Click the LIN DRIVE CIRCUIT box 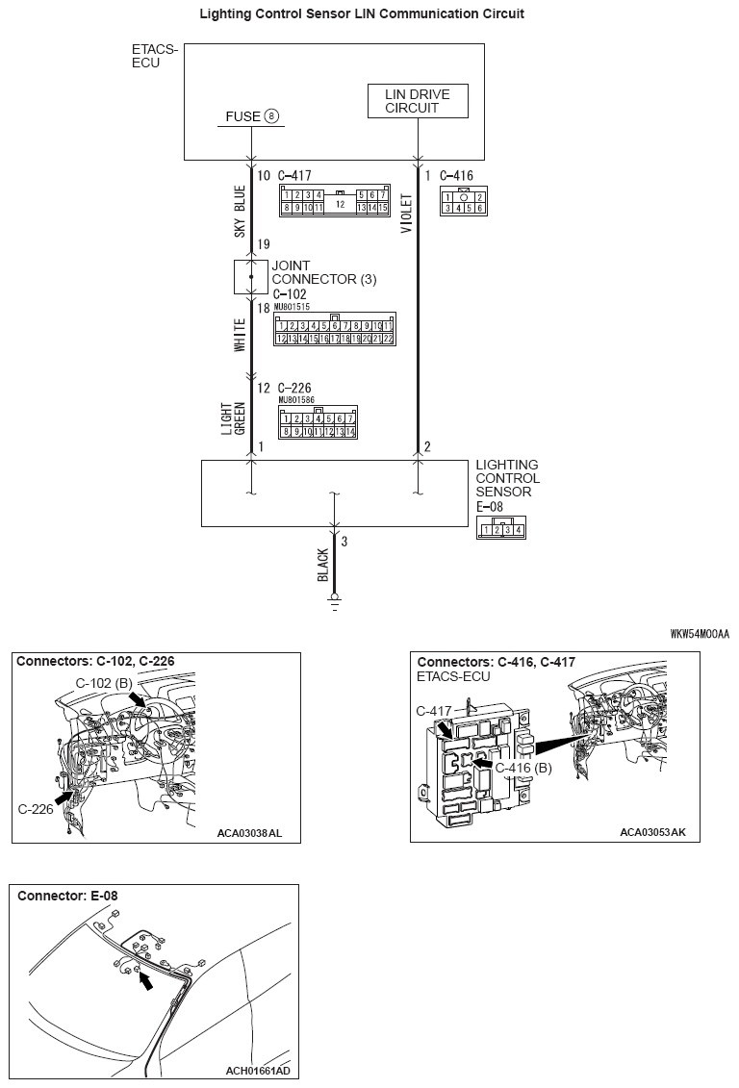(417, 101)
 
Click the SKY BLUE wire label (240, 211)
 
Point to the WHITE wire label (240, 335)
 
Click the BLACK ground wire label (323, 565)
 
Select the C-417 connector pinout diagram (334, 200)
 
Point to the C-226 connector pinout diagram (318, 422)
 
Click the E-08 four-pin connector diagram (500, 528)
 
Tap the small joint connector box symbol (251, 276)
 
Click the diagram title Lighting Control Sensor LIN (362, 14)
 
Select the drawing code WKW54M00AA (700, 634)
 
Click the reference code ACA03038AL (250, 833)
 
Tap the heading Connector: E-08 (67, 896)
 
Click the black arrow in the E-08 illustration (144, 980)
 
